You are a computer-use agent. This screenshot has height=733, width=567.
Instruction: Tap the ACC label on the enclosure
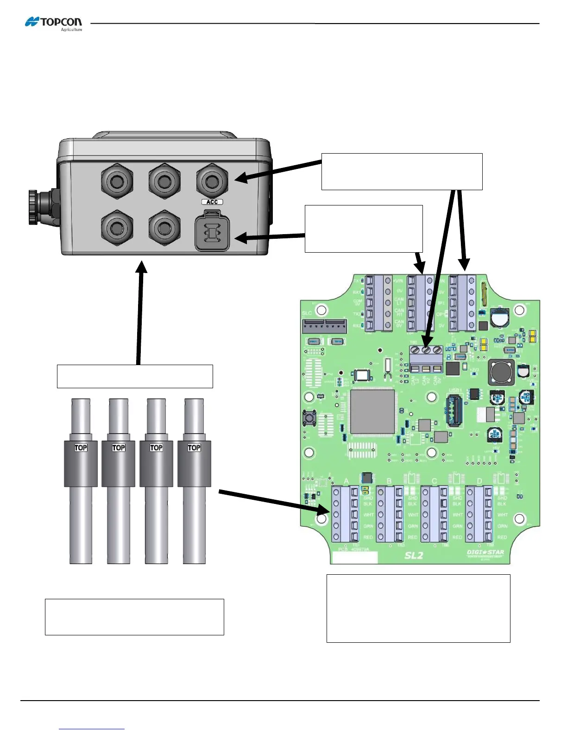tap(212, 202)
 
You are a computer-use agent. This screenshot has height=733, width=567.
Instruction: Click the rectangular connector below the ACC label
tap(212, 231)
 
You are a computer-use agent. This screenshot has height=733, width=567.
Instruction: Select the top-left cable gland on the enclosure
tap(117, 180)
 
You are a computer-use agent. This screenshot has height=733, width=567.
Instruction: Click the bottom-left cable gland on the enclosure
tap(117, 228)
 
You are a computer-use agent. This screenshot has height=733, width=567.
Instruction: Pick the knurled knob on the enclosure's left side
tap(33, 206)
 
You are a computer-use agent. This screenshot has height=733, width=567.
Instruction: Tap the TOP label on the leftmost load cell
tap(81, 447)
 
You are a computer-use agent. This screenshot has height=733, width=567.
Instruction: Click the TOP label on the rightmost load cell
tap(194, 447)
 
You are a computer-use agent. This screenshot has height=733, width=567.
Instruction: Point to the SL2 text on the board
tap(414, 555)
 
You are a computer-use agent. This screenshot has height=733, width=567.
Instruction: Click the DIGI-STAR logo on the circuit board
tap(485, 552)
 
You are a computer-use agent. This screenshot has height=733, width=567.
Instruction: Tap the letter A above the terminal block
tap(346, 481)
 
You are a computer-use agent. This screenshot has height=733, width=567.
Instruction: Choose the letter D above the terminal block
tap(479, 481)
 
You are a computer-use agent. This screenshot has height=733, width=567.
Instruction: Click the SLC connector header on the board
tap(324, 326)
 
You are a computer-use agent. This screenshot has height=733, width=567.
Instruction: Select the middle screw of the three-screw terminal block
tap(426, 350)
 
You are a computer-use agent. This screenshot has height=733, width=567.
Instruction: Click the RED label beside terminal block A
tap(368, 537)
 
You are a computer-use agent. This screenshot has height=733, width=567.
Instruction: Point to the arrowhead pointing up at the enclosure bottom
tap(142, 267)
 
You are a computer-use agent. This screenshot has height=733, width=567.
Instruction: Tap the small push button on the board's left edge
tap(309, 418)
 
